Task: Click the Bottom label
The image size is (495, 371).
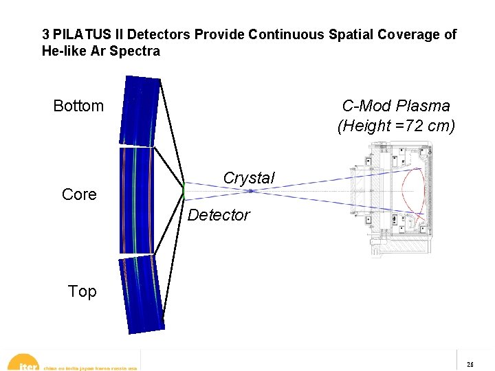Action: pos(78,106)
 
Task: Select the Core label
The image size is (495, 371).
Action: pos(79,194)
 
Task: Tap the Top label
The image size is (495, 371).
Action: pos(82,291)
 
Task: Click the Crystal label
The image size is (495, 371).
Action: pos(249,178)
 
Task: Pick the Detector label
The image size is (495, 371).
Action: pos(219,215)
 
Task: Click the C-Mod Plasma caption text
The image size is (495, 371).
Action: pos(396,106)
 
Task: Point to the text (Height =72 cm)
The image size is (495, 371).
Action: pos(396,126)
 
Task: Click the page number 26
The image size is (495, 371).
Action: pos(470,365)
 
